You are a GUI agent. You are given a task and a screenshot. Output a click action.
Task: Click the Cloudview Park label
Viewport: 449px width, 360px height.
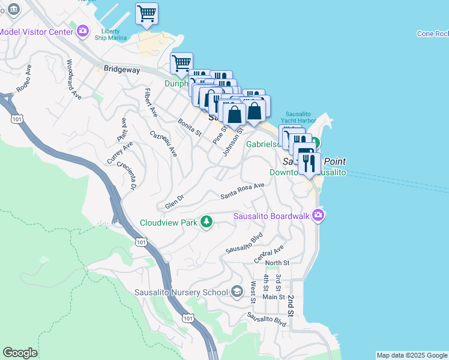click(x=169, y=223)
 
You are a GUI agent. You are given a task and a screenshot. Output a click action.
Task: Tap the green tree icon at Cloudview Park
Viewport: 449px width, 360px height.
click(x=206, y=222)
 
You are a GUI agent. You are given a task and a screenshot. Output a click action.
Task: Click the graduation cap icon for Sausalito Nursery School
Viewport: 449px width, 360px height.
click(x=237, y=292)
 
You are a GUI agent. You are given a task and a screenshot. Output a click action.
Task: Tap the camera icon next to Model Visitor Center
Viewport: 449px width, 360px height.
click(x=83, y=31)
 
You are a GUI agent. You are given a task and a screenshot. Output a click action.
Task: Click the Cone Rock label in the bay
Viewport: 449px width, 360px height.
click(x=433, y=34)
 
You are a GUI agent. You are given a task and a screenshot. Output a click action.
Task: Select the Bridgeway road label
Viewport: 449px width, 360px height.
click(x=121, y=70)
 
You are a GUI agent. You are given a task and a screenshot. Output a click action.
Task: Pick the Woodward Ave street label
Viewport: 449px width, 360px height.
click(x=73, y=79)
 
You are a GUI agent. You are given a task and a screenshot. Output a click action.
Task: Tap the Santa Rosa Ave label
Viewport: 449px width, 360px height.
click(x=243, y=191)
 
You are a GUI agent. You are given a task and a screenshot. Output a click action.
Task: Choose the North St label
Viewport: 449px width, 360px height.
click(x=277, y=263)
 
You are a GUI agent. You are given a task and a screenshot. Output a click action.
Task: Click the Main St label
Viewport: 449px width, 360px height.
click(x=273, y=296)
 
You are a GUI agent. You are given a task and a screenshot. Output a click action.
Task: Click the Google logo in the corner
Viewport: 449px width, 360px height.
click(x=20, y=353)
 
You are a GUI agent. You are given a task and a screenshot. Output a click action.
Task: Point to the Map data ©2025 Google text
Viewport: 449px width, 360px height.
click(x=412, y=355)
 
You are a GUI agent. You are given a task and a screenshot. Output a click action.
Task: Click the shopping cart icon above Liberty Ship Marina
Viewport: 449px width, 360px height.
click(x=146, y=13)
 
